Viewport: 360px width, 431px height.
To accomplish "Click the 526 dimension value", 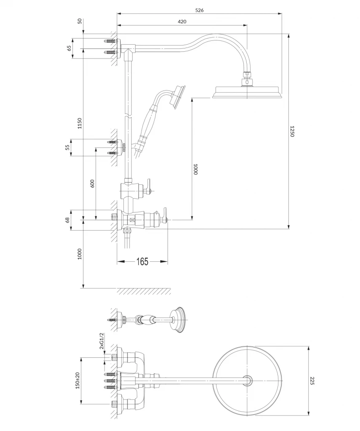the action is [x=200, y=10].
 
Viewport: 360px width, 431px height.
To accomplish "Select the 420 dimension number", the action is [x=182, y=22].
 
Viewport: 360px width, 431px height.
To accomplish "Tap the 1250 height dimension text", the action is [x=292, y=131].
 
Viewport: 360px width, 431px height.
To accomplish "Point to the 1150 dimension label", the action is [x=80, y=123].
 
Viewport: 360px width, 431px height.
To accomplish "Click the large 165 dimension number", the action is [x=142, y=261].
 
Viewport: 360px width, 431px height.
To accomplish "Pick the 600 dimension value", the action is [x=92, y=184].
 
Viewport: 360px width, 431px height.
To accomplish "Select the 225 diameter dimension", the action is [x=312, y=381].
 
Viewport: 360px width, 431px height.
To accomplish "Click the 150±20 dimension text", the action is [x=77, y=380].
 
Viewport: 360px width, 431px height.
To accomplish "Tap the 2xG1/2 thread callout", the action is [x=101, y=341].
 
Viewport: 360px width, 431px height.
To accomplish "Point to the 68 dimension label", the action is [x=68, y=220].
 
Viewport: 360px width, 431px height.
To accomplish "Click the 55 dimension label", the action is [x=68, y=148].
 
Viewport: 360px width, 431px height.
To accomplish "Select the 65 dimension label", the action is [x=69, y=48].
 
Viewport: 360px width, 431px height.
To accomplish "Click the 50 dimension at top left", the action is [x=80, y=21].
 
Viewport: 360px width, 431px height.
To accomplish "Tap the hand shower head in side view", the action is [x=178, y=97].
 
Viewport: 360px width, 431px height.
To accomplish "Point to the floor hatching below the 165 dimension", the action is [x=144, y=291].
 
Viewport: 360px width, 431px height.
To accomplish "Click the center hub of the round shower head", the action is [x=248, y=380].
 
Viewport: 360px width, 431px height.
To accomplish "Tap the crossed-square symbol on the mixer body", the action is [x=132, y=220].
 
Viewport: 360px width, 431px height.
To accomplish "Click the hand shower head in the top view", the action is [x=177, y=320].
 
